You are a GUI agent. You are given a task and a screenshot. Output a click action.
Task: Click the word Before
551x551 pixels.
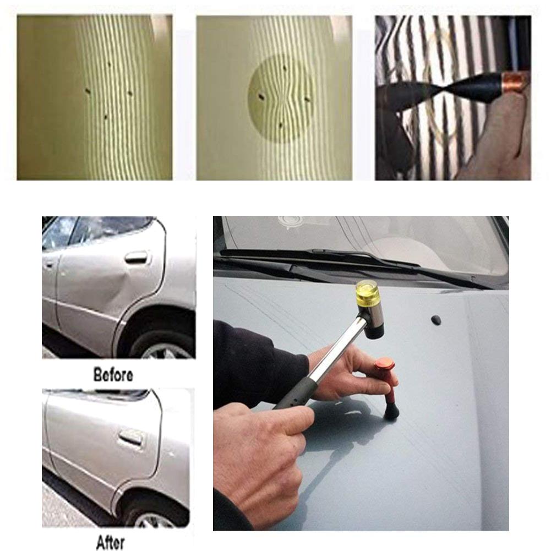[x=113, y=376]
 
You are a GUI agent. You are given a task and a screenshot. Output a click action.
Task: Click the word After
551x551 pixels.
[x=110, y=542]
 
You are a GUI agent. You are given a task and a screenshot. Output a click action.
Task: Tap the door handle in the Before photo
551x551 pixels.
[x=136, y=257]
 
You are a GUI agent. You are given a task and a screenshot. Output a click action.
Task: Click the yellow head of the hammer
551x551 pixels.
[x=368, y=292]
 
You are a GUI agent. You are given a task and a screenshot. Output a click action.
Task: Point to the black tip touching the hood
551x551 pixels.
[x=391, y=411]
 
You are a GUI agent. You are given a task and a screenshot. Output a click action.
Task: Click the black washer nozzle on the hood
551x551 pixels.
[x=436, y=320]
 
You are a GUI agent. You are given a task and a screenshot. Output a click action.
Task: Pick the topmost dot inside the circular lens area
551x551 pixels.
[x=285, y=68]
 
